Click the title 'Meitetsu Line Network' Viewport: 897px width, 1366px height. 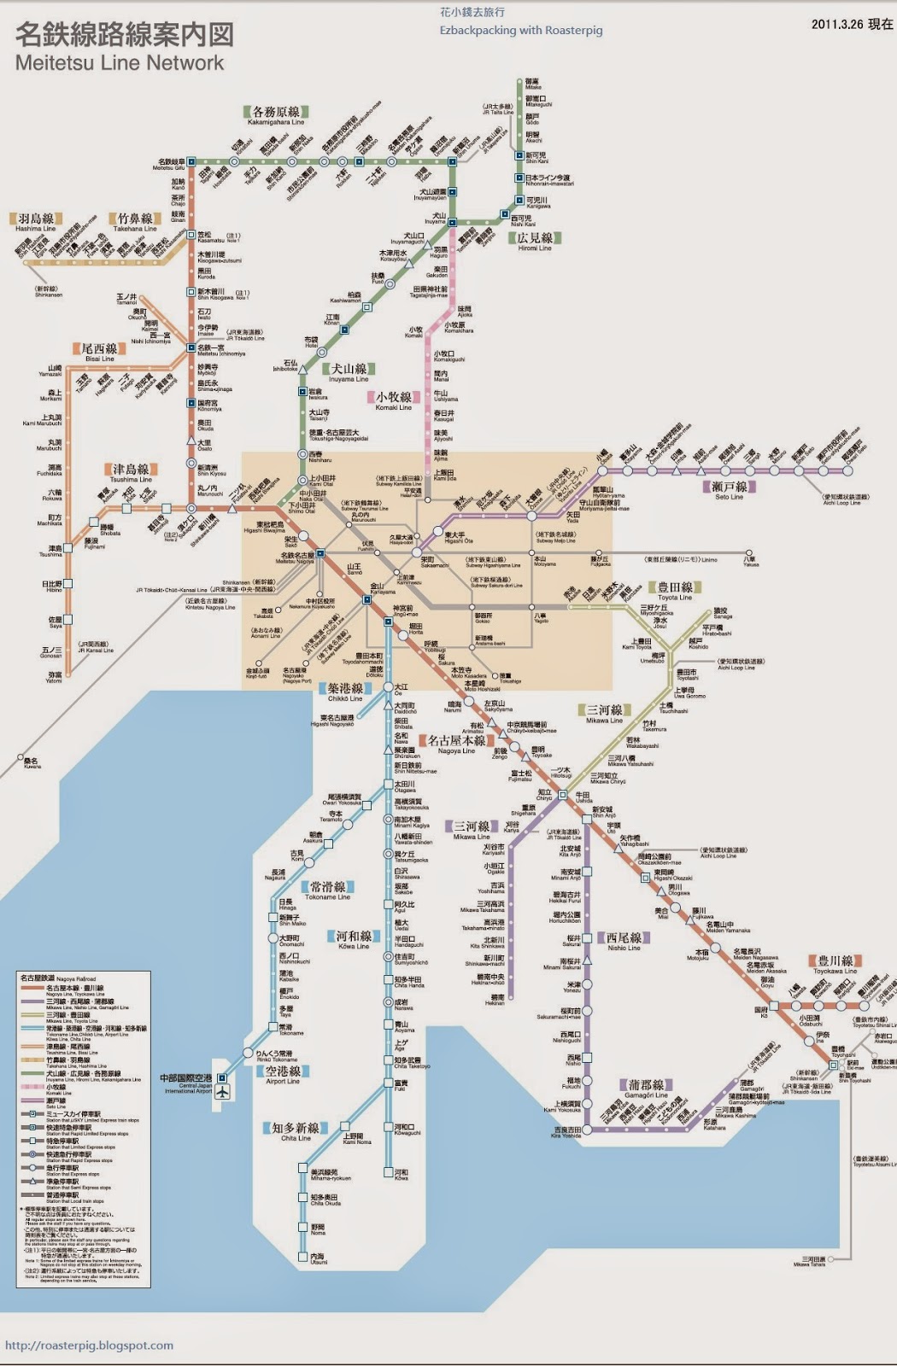click(120, 63)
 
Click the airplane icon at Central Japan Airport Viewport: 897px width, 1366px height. click(223, 1091)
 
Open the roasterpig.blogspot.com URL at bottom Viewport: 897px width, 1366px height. click(89, 1346)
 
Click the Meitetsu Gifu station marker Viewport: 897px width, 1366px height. click(191, 161)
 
